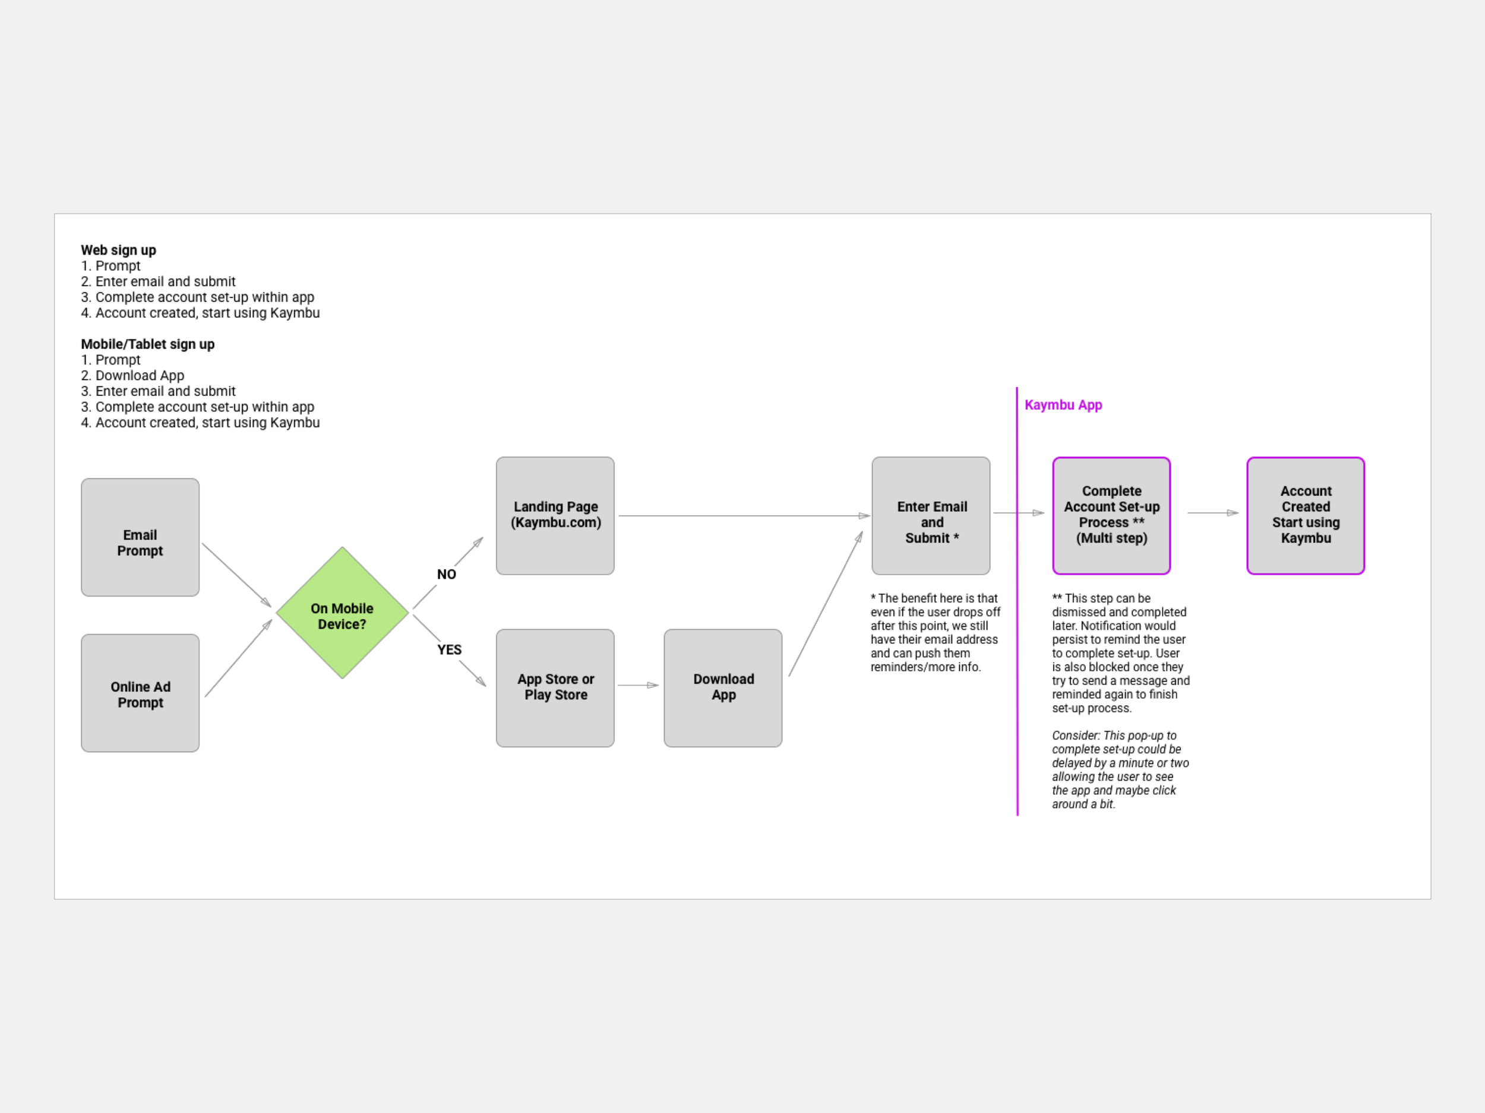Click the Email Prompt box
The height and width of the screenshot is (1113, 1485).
click(x=140, y=537)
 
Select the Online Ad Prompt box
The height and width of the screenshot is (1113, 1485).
click(x=140, y=693)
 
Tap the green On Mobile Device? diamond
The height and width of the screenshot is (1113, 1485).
click(x=342, y=613)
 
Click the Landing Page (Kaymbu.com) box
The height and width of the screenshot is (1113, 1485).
click(x=555, y=515)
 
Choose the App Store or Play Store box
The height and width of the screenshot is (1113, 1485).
click(x=555, y=687)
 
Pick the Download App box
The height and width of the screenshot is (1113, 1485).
click(x=722, y=687)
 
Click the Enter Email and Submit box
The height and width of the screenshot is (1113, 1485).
click(x=930, y=515)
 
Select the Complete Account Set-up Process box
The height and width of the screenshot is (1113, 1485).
click(x=1111, y=515)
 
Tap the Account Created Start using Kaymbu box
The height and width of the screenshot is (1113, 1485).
click(x=1305, y=515)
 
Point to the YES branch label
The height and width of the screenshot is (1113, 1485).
click(x=449, y=649)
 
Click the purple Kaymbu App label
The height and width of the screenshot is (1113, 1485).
click(x=1063, y=405)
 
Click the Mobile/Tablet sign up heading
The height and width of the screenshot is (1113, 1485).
click(x=148, y=344)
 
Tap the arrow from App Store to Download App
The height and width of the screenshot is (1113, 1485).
click(x=638, y=685)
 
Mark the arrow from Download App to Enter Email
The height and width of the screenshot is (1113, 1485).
click(x=825, y=604)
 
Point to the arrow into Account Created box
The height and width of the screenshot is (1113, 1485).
click(x=1212, y=512)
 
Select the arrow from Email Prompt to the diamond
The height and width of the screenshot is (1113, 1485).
click(x=236, y=575)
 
